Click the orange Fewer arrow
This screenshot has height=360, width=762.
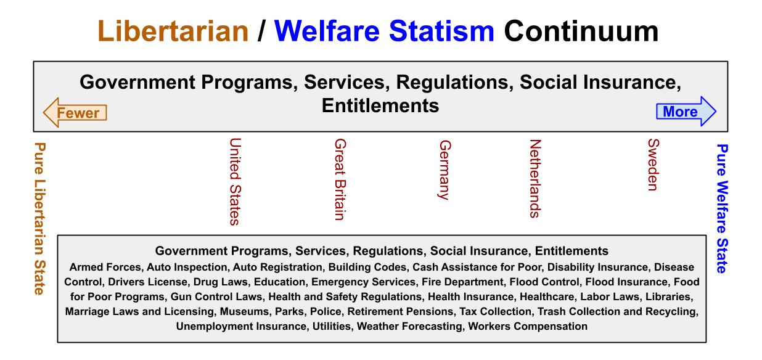[75, 112]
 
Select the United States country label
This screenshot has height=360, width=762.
[234, 181]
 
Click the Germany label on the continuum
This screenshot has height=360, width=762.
[444, 170]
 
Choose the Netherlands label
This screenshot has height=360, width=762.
[535, 179]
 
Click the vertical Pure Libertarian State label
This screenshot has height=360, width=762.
[40, 219]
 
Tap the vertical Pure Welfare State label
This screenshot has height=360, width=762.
[723, 208]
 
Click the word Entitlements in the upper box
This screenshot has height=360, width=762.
[380, 105]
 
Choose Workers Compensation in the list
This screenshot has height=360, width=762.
[528, 326]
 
